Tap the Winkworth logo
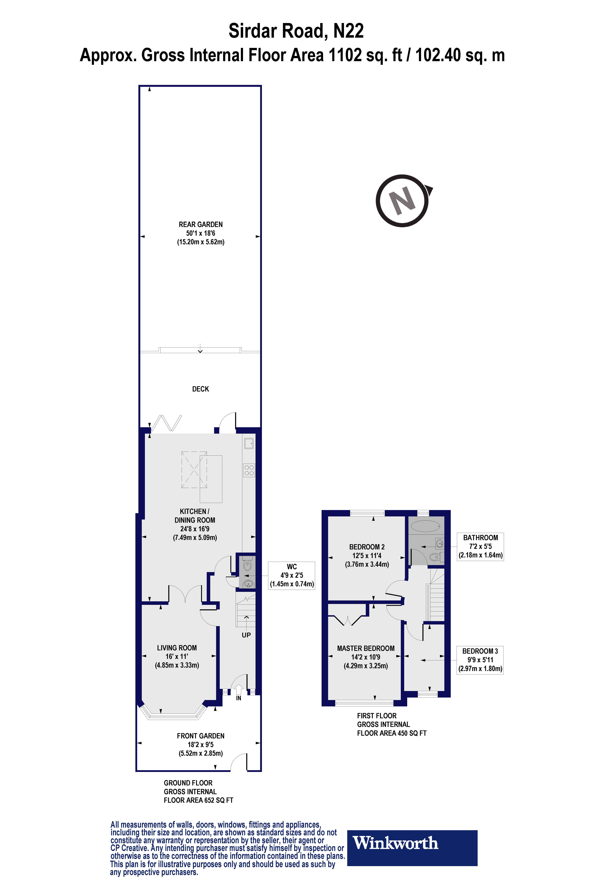pos(412,848)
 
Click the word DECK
pos(200,389)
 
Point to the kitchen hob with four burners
pos(249,470)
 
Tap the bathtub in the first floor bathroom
pos(425,526)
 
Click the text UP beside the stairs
pos(246,635)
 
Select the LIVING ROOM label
pos(177,648)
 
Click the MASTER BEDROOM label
pos(366,648)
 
